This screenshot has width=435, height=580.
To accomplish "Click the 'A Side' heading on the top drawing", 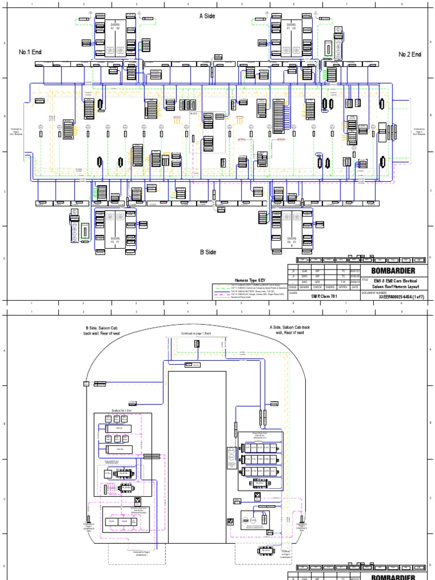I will [208, 16].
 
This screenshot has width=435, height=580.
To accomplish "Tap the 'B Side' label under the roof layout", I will [208, 252].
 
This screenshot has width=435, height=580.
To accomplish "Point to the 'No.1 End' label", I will [31, 52].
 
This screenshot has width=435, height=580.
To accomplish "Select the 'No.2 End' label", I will [410, 54].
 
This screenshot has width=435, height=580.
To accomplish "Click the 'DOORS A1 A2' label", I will [116, 27].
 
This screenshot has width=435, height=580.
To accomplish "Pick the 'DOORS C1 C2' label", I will [291, 27].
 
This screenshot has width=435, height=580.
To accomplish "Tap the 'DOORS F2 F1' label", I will [116, 240].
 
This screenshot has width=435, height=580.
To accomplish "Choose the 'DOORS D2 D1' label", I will [291, 240].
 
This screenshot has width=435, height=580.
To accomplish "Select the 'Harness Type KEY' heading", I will [250, 280].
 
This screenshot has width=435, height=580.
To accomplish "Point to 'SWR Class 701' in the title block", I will [324, 297].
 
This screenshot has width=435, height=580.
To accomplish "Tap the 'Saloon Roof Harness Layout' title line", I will [395, 287].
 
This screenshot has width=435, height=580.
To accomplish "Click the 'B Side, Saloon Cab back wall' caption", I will [100, 330].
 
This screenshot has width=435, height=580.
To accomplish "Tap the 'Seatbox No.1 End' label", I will [122, 410].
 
